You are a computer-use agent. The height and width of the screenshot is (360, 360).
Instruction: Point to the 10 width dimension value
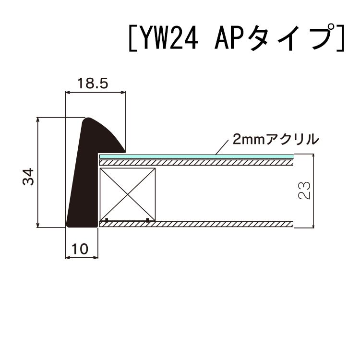coord(81,249)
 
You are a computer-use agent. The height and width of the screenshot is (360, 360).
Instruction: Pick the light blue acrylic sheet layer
coord(197,157)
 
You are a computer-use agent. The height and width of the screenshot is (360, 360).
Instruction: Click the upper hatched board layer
coord(197,163)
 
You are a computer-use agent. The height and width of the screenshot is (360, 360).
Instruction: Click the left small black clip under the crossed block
coord(106,220)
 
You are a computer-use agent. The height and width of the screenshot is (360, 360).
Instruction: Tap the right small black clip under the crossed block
coord(147,220)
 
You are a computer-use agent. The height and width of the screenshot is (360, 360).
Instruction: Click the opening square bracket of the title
coord(132,37)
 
